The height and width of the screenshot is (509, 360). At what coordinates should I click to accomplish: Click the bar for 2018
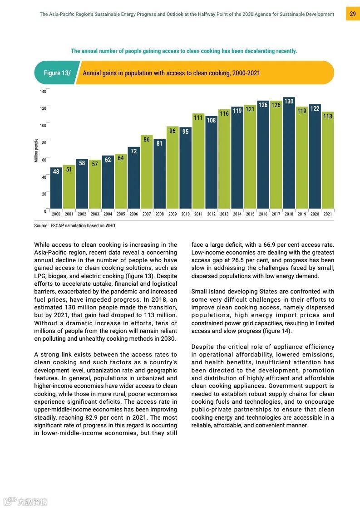tap(289, 154)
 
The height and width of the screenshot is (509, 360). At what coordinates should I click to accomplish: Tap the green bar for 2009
tap(173, 168)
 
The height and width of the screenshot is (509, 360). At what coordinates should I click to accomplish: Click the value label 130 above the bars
tap(289, 101)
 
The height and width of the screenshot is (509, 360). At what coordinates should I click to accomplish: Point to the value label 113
tap(328, 116)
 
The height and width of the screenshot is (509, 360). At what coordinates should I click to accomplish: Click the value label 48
tap(56, 172)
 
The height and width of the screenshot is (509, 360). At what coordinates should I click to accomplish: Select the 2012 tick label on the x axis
tap(211, 214)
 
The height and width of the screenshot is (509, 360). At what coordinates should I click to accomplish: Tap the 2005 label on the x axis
tap(121, 214)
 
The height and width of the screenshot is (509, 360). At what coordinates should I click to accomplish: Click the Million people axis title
tap(36, 151)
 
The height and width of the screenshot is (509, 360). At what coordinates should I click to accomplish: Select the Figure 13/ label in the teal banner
tap(57, 73)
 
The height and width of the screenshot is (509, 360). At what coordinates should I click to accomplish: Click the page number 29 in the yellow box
tap(353, 14)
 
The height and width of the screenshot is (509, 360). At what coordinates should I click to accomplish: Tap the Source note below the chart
tap(79, 226)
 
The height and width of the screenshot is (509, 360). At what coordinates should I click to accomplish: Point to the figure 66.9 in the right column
tap(283, 245)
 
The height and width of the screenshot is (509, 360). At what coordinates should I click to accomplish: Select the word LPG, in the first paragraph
tap(42, 276)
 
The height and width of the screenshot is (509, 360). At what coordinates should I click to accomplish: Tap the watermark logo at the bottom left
tap(25, 502)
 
